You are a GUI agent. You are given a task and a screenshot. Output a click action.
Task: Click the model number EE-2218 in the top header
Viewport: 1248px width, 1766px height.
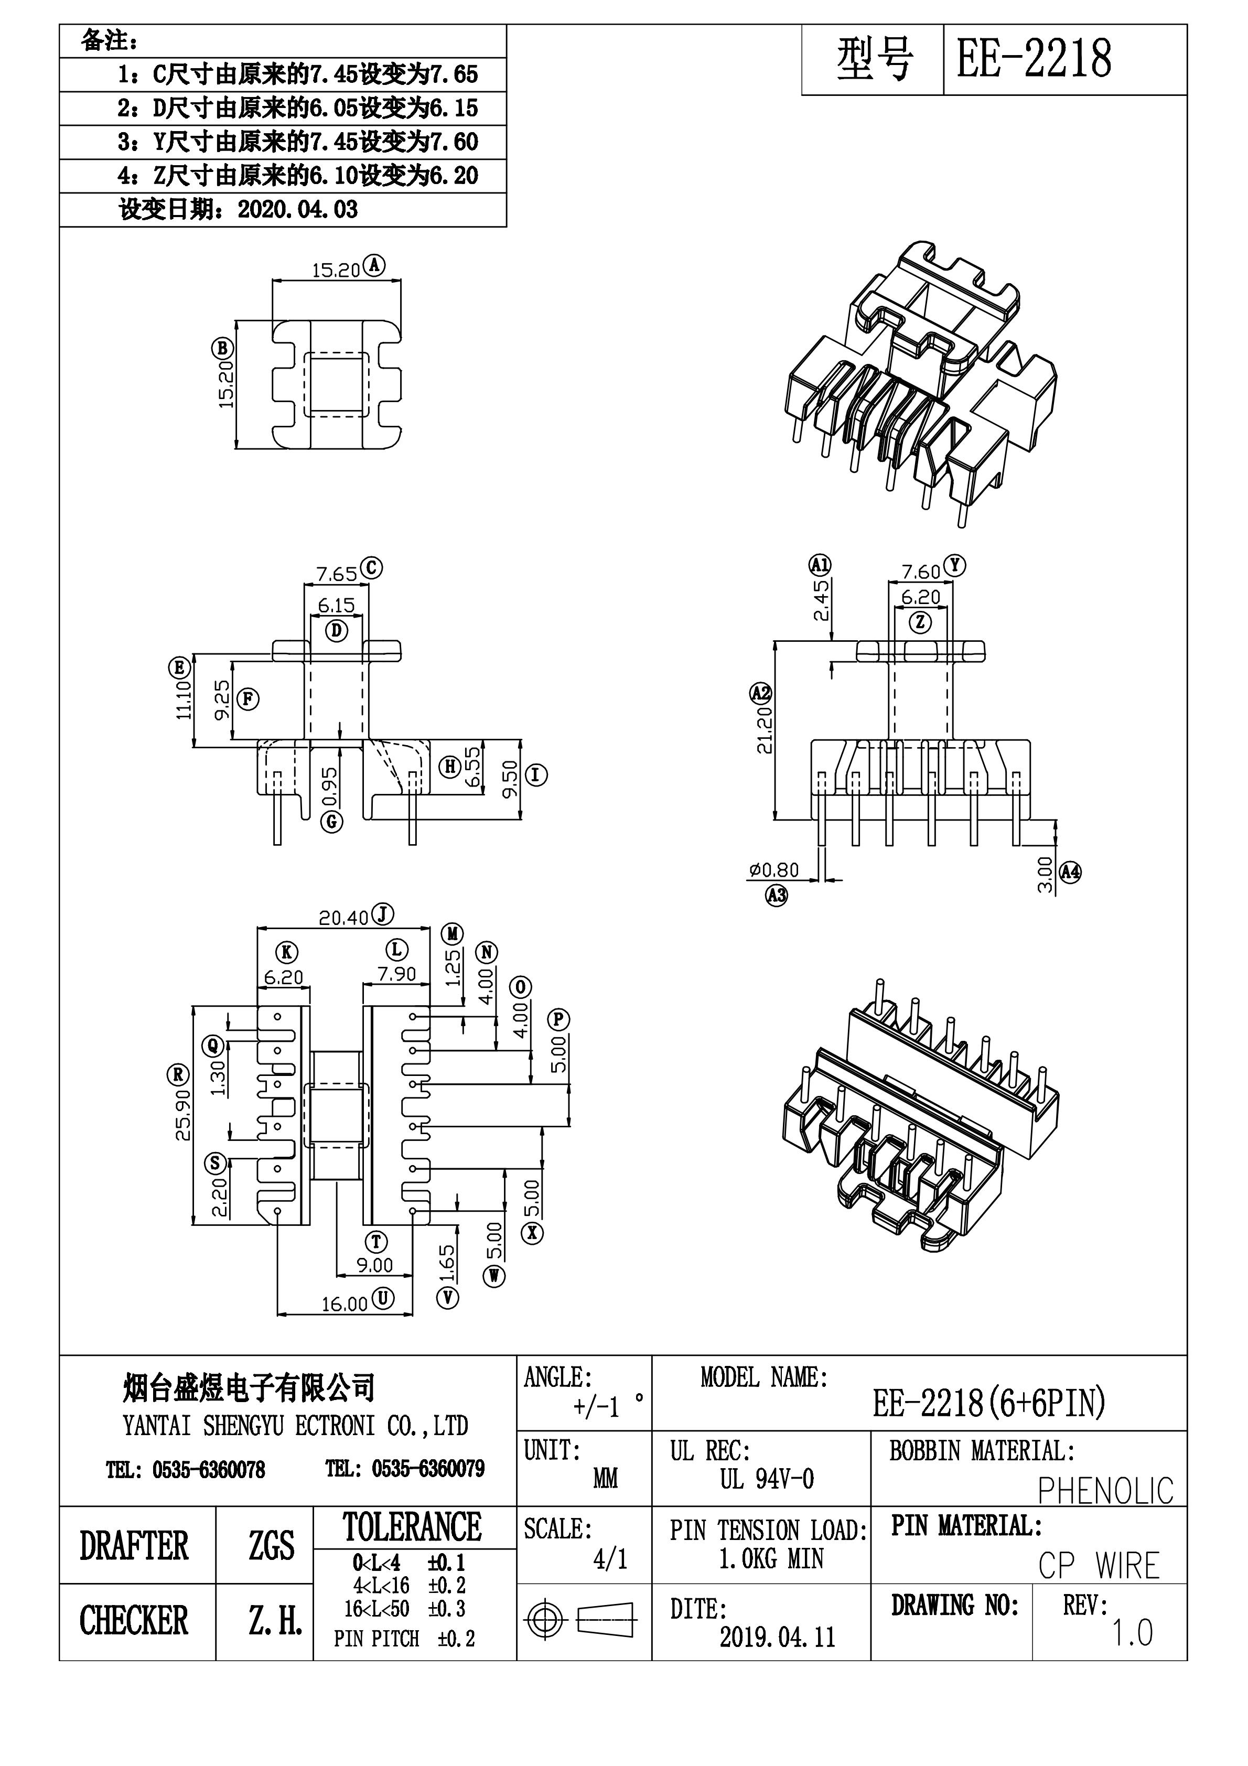click(1034, 59)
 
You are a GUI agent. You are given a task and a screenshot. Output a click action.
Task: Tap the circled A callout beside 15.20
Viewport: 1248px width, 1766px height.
click(375, 265)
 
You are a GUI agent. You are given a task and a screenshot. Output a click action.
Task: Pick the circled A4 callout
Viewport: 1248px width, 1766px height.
click(1070, 872)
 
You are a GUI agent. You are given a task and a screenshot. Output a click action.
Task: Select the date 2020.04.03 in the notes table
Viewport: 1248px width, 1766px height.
click(298, 210)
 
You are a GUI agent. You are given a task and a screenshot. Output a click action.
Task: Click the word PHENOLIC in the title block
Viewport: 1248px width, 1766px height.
click(1106, 1491)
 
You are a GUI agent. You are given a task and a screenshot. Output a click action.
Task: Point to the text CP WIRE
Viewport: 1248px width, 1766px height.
click(1099, 1566)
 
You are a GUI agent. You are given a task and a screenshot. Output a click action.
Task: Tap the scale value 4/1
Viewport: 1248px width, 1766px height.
click(610, 1559)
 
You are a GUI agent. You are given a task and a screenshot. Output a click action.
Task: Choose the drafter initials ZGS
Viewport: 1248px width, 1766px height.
click(271, 1545)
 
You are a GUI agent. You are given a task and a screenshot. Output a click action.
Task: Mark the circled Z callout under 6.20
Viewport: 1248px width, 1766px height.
click(920, 622)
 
